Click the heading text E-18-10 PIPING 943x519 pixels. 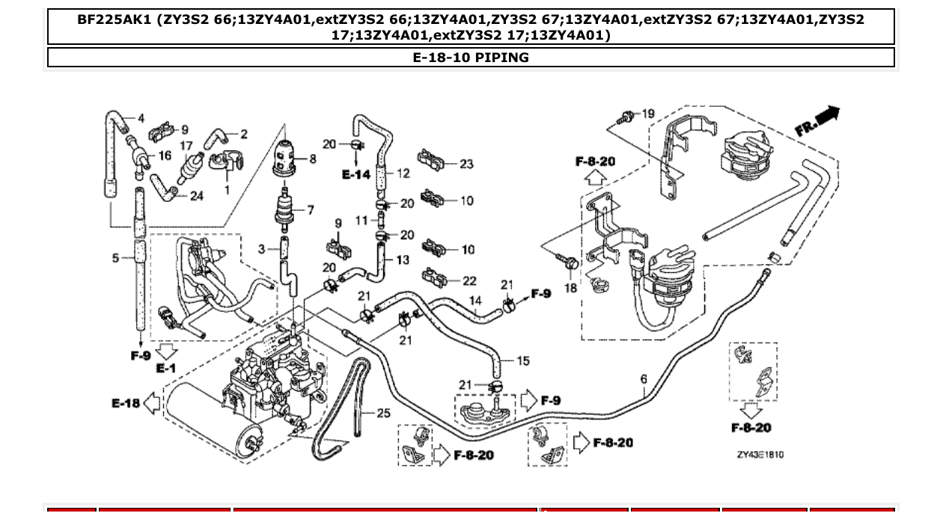(471, 58)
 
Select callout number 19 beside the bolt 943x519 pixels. (648, 114)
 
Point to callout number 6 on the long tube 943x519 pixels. (644, 380)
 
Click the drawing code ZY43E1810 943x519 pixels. (760, 455)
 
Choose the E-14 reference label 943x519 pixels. (356, 174)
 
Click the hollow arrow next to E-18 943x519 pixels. (152, 404)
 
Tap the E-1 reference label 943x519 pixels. (165, 368)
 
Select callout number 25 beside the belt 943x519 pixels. (383, 412)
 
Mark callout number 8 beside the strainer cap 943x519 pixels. (313, 159)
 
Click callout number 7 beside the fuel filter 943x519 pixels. (310, 210)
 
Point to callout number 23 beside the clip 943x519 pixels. (467, 164)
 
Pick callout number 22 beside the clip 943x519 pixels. (469, 281)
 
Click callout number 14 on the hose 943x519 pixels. (475, 301)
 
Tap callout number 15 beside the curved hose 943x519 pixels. (523, 360)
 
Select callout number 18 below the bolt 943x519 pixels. (571, 288)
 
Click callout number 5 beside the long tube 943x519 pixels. (116, 258)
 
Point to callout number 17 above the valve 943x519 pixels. (186, 146)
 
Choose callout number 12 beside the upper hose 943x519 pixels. (403, 173)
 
